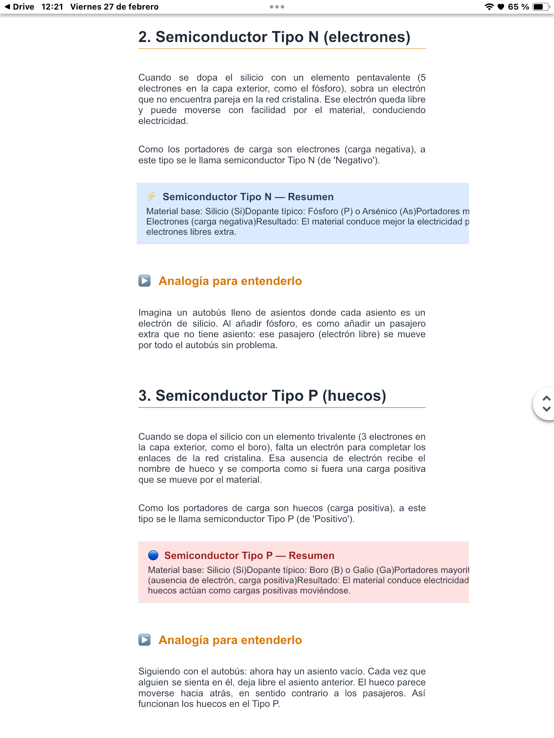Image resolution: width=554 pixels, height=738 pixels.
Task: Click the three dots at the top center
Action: pyautogui.click(x=277, y=7)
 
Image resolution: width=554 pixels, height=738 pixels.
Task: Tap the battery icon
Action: pyautogui.click(x=540, y=7)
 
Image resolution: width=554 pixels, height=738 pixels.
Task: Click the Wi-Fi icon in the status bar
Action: pyautogui.click(x=489, y=7)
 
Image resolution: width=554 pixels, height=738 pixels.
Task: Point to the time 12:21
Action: pyautogui.click(x=52, y=7)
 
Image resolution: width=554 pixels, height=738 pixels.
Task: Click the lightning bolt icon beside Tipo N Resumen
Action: pyautogui.click(x=151, y=196)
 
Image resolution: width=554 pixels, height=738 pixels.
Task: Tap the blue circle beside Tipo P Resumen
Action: pyautogui.click(x=153, y=555)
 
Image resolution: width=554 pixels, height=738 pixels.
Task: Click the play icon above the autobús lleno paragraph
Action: pyautogui.click(x=144, y=281)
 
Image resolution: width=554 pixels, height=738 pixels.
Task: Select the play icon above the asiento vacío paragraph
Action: pyautogui.click(x=144, y=640)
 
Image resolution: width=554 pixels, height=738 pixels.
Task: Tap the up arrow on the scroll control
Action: pyautogui.click(x=546, y=398)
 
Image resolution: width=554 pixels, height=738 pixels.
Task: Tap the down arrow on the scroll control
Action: pyautogui.click(x=546, y=409)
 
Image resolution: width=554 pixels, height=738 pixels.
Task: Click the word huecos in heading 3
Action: pyautogui.click(x=354, y=396)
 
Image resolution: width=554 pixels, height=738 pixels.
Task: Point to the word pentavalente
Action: pyautogui.click(x=383, y=78)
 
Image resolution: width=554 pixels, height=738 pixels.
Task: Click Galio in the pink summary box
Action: pyautogui.click(x=363, y=570)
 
